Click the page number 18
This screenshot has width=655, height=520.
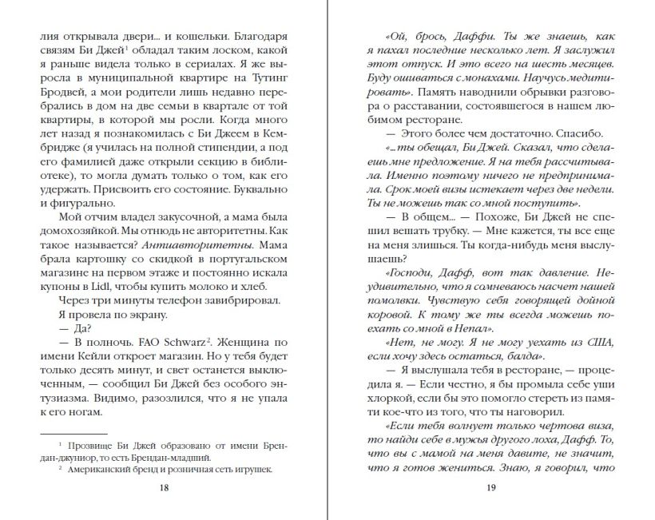164,487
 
